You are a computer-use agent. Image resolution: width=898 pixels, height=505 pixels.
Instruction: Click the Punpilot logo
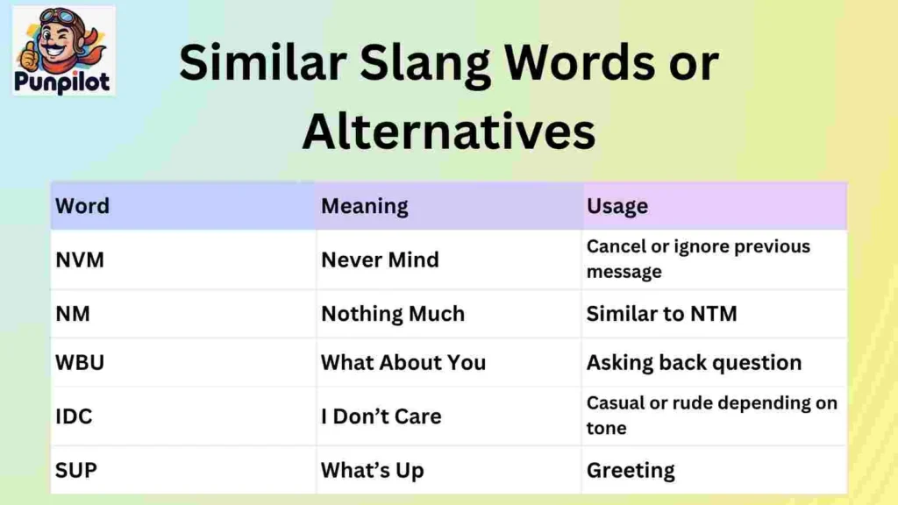point(64,51)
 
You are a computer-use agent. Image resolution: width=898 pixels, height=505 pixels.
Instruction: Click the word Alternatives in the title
point(448,132)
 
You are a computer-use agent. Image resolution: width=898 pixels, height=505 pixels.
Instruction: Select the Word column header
point(82,206)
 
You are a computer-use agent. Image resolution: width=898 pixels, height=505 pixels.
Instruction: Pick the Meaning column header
point(364,206)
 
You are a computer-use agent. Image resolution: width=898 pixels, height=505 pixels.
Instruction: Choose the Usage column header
point(616,206)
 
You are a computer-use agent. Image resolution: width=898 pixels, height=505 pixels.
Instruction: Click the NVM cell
point(80,260)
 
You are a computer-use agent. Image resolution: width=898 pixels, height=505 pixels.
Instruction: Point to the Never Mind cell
point(380,260)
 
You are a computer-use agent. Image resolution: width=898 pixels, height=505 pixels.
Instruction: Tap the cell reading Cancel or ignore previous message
point(698,259)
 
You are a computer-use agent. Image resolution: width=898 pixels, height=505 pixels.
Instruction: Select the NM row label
point(73,313)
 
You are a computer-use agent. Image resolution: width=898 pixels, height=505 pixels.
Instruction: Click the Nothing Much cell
point(393,313)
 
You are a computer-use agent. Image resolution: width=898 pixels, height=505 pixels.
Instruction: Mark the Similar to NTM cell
point(661,313)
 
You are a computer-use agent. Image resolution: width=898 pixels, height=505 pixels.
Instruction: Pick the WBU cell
point(80,362)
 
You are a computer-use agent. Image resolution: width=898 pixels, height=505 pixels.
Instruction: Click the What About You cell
point(403,362)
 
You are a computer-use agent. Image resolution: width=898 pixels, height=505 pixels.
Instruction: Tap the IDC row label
point(74,416)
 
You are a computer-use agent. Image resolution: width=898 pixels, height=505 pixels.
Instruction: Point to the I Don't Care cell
point(381,416)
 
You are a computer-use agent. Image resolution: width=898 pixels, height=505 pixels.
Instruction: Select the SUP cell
point(76,469)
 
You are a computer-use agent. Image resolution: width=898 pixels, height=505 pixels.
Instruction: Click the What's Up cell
point(372,470)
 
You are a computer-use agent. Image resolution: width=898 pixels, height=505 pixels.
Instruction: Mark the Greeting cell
point(631,470)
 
